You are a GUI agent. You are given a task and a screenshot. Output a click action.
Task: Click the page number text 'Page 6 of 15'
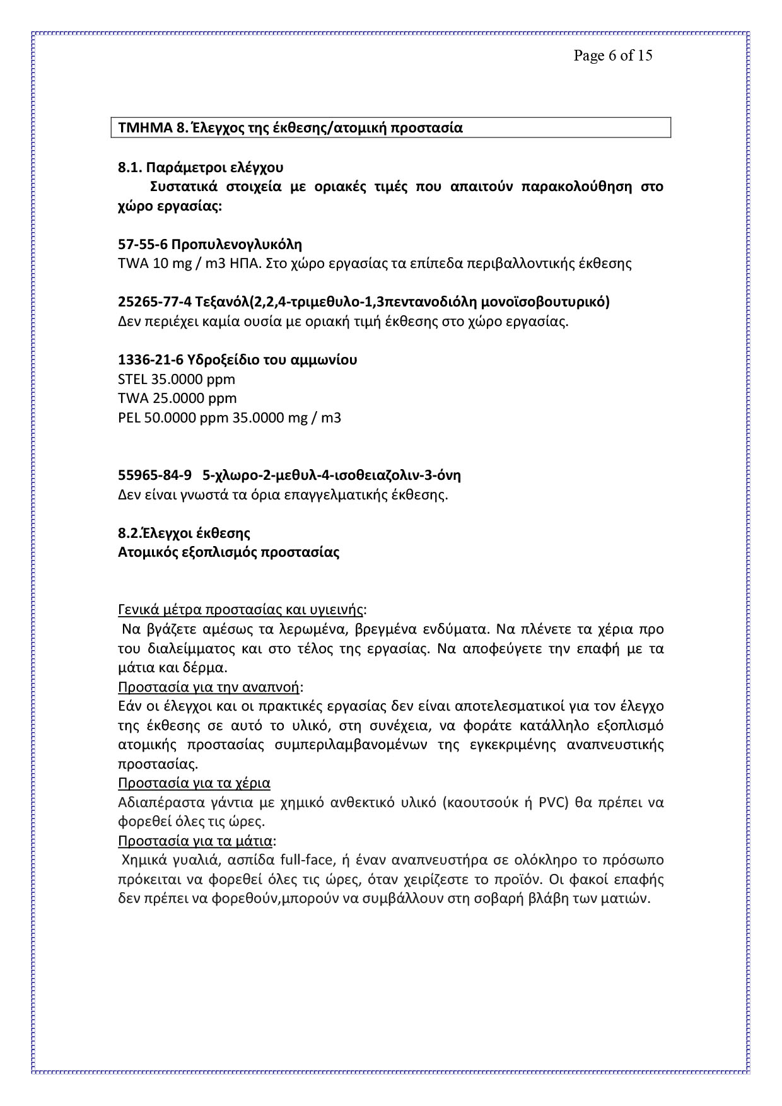[x=612, y=55]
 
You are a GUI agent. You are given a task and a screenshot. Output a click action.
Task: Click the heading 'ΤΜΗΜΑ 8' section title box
[x=390, y=127]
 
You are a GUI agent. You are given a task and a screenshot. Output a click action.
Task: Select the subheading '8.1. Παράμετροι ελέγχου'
[x=201, y=167]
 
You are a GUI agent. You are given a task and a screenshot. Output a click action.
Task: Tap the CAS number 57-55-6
[x=142, y=244]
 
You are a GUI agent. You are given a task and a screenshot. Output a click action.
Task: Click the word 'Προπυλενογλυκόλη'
[x=236, y=244]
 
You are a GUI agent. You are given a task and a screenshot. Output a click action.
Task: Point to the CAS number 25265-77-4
[x=155, y=302]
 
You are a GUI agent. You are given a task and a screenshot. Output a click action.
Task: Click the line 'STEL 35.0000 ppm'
[x=177, y=380]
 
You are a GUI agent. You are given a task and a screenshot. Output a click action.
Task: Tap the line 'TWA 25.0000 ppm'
[x=177, y=399]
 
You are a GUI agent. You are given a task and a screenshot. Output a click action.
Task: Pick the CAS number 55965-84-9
[x=155, y=475]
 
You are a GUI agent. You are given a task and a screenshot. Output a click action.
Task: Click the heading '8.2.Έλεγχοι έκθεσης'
[x=184, y=533]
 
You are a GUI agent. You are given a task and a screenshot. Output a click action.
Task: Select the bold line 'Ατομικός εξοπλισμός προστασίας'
[x=228, y=552]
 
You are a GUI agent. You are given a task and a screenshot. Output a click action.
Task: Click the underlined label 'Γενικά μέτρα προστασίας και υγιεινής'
[x=241, y=610]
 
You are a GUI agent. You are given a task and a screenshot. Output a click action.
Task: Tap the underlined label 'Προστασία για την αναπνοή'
[x=209, y=687]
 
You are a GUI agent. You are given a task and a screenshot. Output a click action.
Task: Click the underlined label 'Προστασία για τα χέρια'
[x=194, y=783]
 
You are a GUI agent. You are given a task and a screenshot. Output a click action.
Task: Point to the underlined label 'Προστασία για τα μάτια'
[x=195, y=841]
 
